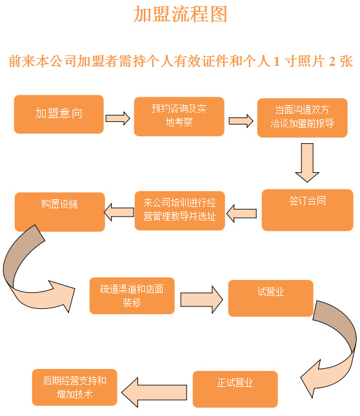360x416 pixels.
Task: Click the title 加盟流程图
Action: click(181, 14)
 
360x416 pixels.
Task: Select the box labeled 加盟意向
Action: click(59, 114)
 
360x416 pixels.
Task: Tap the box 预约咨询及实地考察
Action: click(179, 116)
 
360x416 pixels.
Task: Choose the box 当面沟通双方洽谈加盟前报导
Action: click(302, 117)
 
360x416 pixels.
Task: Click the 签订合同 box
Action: click(308, 210)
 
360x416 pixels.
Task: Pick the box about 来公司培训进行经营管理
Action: click(179, 210)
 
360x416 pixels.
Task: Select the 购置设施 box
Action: click(60, 212)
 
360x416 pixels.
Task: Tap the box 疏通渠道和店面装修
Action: click(132, 295)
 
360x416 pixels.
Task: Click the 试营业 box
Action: click(270, 298)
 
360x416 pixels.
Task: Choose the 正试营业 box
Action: click(235, 389)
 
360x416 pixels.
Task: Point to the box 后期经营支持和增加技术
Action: click(75, 387)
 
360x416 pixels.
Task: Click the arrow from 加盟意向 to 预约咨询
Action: click(118, 118)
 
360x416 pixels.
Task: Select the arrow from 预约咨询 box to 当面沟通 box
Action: click(241, 121)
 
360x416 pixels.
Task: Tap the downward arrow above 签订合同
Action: click(307, 163)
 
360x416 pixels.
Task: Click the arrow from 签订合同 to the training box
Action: click(241, 213)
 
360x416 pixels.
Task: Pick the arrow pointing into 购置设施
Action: click(119, 212)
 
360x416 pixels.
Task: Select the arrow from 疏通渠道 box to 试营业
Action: click(202, 299)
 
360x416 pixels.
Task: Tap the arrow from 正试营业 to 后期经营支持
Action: click(154, 392)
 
